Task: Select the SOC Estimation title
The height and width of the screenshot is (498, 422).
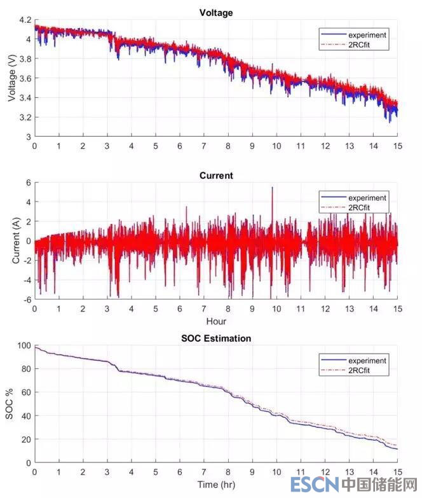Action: pos(215,338)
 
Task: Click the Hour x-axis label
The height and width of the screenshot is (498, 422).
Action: pos(215,321)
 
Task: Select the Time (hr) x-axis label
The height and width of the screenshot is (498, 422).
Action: pos(215,485)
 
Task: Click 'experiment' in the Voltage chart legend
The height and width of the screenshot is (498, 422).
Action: pos(367,34)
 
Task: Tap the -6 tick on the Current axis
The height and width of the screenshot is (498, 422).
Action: pos(27,299)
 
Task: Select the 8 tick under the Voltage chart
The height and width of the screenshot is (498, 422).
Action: pos(228,146)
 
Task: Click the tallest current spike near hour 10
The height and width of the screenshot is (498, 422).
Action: pos(273,188)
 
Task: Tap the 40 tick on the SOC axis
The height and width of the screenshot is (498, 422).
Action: pos(25,416)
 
